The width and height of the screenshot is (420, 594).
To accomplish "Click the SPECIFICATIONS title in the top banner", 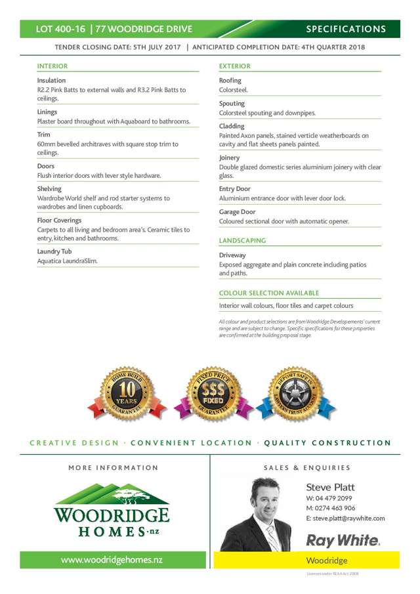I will pos(346,29).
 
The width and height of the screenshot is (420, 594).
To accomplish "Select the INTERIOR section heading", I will pos(52,66).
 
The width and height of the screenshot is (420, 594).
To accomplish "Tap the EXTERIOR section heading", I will pos(234,66).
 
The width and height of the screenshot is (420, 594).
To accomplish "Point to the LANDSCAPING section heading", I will pos(242,241).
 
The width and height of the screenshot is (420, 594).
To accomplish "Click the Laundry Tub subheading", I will pos(54,251).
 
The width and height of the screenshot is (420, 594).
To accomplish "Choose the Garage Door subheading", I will pos(237,212).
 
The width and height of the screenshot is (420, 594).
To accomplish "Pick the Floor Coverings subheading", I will pos(59,221).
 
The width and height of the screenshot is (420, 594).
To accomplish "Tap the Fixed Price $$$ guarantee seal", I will pos(213,395).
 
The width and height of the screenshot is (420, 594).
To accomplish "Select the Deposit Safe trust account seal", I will pos(295,395).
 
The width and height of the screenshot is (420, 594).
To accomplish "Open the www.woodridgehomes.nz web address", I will pos(112,560).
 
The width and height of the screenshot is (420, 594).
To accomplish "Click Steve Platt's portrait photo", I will pos(255,514).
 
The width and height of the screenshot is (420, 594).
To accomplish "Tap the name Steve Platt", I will pos(330,487).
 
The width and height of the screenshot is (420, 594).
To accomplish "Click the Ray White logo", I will pos(343,540).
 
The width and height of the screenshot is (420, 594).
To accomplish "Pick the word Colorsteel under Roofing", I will pos(233,90).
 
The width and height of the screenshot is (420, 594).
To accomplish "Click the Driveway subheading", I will pos(232,255).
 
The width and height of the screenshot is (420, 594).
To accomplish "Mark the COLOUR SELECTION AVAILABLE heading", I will pos(268,293).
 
